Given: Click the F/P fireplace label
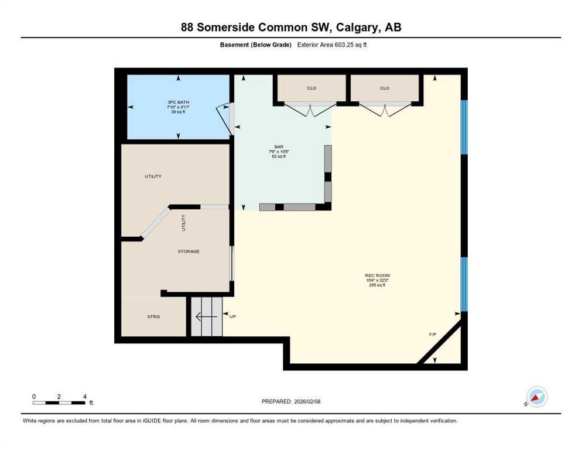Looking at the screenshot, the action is (433, 334).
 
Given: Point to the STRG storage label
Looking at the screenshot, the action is (153, 316).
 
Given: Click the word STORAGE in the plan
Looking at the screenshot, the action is (189, 251).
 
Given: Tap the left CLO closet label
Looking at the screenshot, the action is (311, 88).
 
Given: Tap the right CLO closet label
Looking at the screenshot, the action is (384, 88).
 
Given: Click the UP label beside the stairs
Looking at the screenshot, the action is (232, 316).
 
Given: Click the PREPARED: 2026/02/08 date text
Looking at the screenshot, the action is (290, 401).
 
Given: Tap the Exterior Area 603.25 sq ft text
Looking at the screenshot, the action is (332, 45).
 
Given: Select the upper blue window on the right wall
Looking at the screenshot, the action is (464, 127).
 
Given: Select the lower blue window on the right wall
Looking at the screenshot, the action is (464, 284).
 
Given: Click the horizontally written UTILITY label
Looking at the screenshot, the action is (153, 176).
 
